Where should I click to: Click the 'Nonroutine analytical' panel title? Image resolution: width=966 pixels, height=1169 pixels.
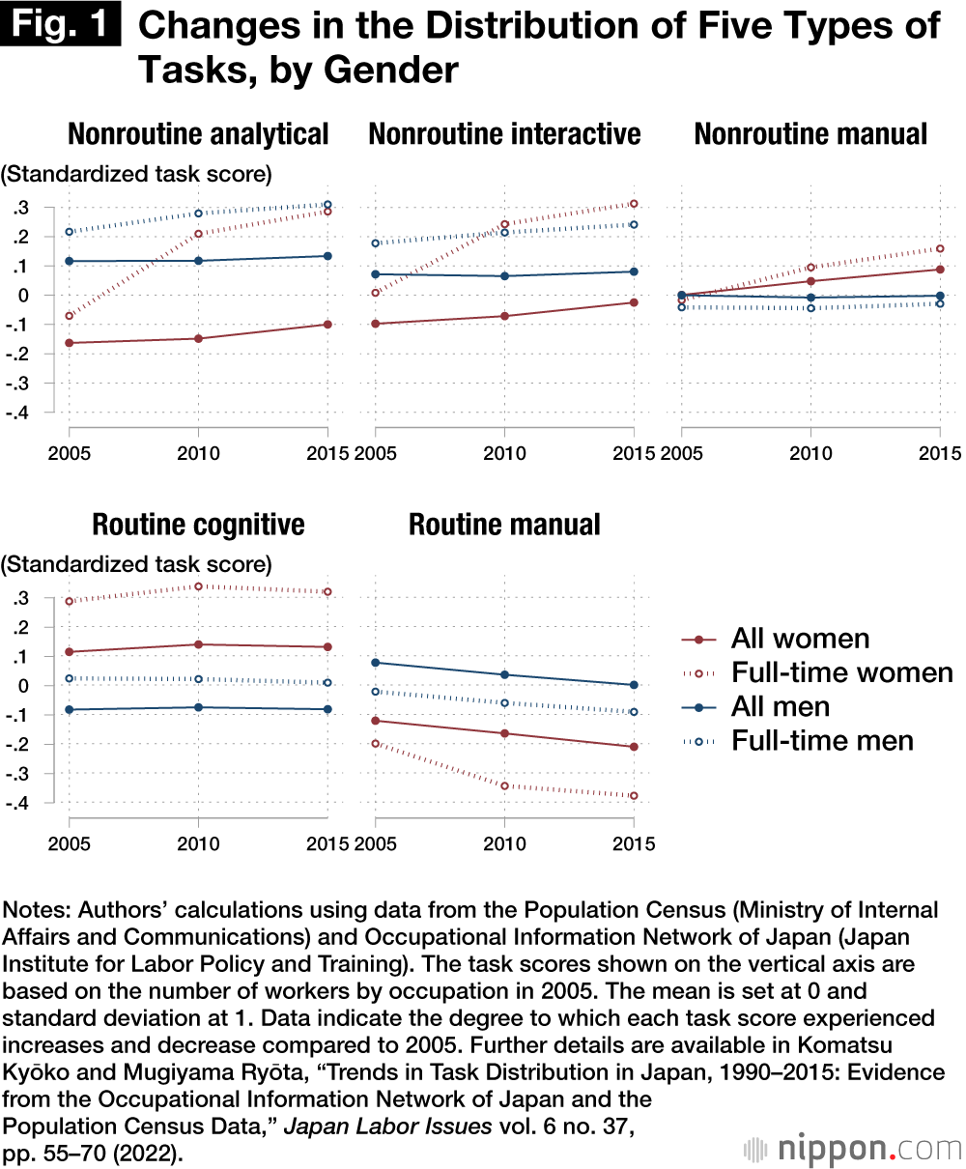[198, 133]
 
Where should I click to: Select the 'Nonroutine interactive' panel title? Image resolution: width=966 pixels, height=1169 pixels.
[504, 133]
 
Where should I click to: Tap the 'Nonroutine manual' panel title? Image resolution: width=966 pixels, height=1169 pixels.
[810, 133]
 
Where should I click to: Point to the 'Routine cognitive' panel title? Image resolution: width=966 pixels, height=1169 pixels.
[198, 525]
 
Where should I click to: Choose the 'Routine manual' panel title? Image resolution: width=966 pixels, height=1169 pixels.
[504, 525]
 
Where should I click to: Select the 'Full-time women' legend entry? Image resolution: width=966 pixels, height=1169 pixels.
[841, 672]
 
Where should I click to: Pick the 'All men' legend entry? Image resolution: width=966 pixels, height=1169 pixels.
[781, 706]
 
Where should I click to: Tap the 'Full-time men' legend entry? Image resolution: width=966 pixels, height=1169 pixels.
[822, 741]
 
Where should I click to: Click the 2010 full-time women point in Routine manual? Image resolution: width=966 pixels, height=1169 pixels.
[504, 785]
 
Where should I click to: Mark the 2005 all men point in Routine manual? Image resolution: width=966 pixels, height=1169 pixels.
[375, 663]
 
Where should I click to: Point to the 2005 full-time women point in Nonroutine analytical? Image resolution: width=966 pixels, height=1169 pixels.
[70, 316]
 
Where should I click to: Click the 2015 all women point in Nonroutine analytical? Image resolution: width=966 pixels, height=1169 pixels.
[327, 325]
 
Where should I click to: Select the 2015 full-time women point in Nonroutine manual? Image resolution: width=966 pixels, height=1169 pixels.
[940, 248]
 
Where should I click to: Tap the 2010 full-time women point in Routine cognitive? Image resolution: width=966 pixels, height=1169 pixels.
[198, 586]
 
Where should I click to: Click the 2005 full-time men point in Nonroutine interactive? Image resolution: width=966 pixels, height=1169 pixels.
[375, 243]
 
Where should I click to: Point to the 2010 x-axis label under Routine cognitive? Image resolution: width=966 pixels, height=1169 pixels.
[198, 844]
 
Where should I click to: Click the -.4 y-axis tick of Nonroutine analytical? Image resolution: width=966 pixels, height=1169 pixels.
[18, 413]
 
